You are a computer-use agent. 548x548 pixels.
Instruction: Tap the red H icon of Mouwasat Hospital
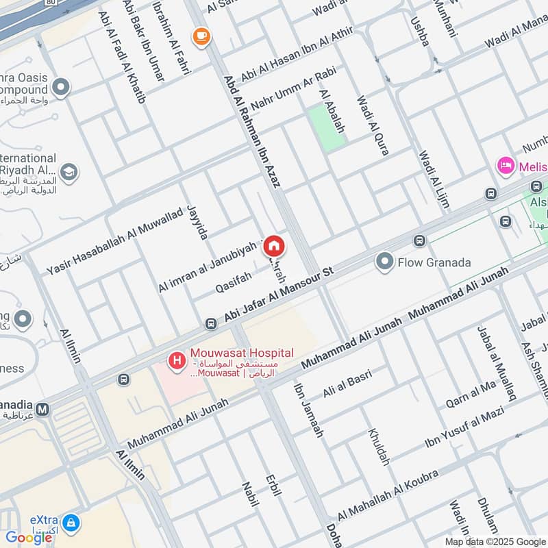click(177, 358)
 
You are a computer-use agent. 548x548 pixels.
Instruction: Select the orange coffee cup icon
click(201, 36)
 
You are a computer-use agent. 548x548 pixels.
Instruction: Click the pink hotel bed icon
click(506, 165)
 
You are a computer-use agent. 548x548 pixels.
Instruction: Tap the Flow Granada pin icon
click(385, 262)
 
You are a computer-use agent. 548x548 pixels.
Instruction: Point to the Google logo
click(29, 538)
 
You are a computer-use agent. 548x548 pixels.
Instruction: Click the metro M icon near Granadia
click(43, 410)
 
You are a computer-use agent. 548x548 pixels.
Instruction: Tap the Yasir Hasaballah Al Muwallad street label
click(113, 240)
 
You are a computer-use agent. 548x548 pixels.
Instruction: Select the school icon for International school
click(68, 172)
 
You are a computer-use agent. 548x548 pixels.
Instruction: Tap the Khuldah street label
click(379, 447)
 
